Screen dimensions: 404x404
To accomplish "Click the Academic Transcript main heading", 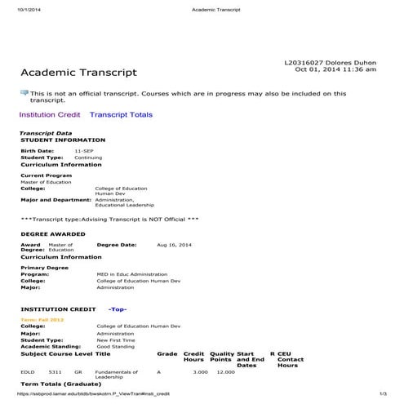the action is pyautogui.click(x=78, y=73).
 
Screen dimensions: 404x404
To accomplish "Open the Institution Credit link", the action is pyautogui.click(x=49, y=115).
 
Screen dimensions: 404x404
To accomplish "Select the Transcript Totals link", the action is pyautogui.click(x=121, y=115).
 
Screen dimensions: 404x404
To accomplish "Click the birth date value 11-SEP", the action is pyautogui.click(x=83, y=151).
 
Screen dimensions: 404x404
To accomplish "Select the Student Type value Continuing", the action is pyautogui.click(x=88, y=158).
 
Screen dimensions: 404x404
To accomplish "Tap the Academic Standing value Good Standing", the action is pyautogui.click(x=115, y=346).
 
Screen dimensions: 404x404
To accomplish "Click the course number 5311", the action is pyautogui.click(x=55, y=372).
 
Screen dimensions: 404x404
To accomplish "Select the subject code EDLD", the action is pyautogui.click(x=28, y=372).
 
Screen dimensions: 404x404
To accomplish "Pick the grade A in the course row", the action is pyautogui.click(x=159, y=372).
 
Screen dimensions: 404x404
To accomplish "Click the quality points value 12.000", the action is pyautogui.click(x=224, y=372).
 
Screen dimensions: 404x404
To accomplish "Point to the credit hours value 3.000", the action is pyautogui.click(x=200, y=372).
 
